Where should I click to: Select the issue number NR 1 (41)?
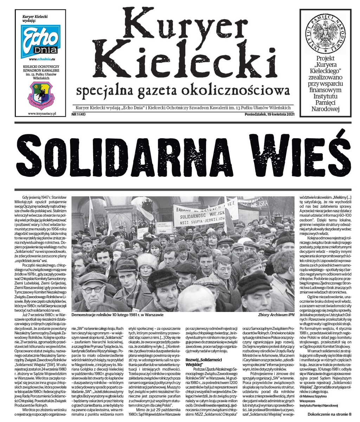[x=78, y=115]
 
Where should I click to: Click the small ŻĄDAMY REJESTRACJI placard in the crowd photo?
[x=164, y=226]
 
